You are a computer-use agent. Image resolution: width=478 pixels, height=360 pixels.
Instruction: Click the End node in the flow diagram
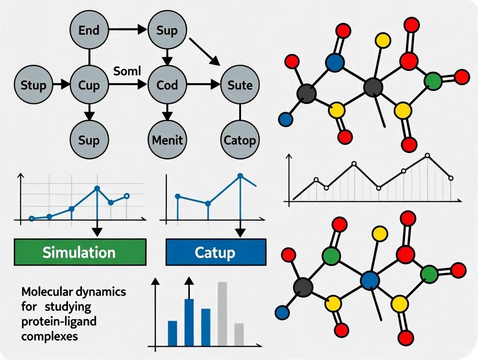[89, 31]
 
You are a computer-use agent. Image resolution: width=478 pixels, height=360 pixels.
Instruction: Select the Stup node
[33, 85]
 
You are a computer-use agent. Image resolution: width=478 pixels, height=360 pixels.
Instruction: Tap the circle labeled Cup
[89, 85]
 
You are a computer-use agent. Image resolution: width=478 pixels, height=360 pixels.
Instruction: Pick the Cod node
[167, 85]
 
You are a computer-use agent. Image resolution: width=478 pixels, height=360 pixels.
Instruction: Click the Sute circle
[240, 85]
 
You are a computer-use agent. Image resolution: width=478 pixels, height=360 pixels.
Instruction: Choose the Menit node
[167, 139]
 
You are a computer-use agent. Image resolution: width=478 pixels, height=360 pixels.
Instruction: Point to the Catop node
[240, 139]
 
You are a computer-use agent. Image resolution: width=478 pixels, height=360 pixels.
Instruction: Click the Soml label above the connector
[127, 71]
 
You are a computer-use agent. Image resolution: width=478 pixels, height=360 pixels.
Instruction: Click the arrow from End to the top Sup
[128, 30]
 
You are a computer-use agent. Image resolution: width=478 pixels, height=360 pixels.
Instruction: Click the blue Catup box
[216, 252]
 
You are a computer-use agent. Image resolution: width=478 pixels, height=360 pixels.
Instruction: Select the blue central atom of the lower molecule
[370, 280]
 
